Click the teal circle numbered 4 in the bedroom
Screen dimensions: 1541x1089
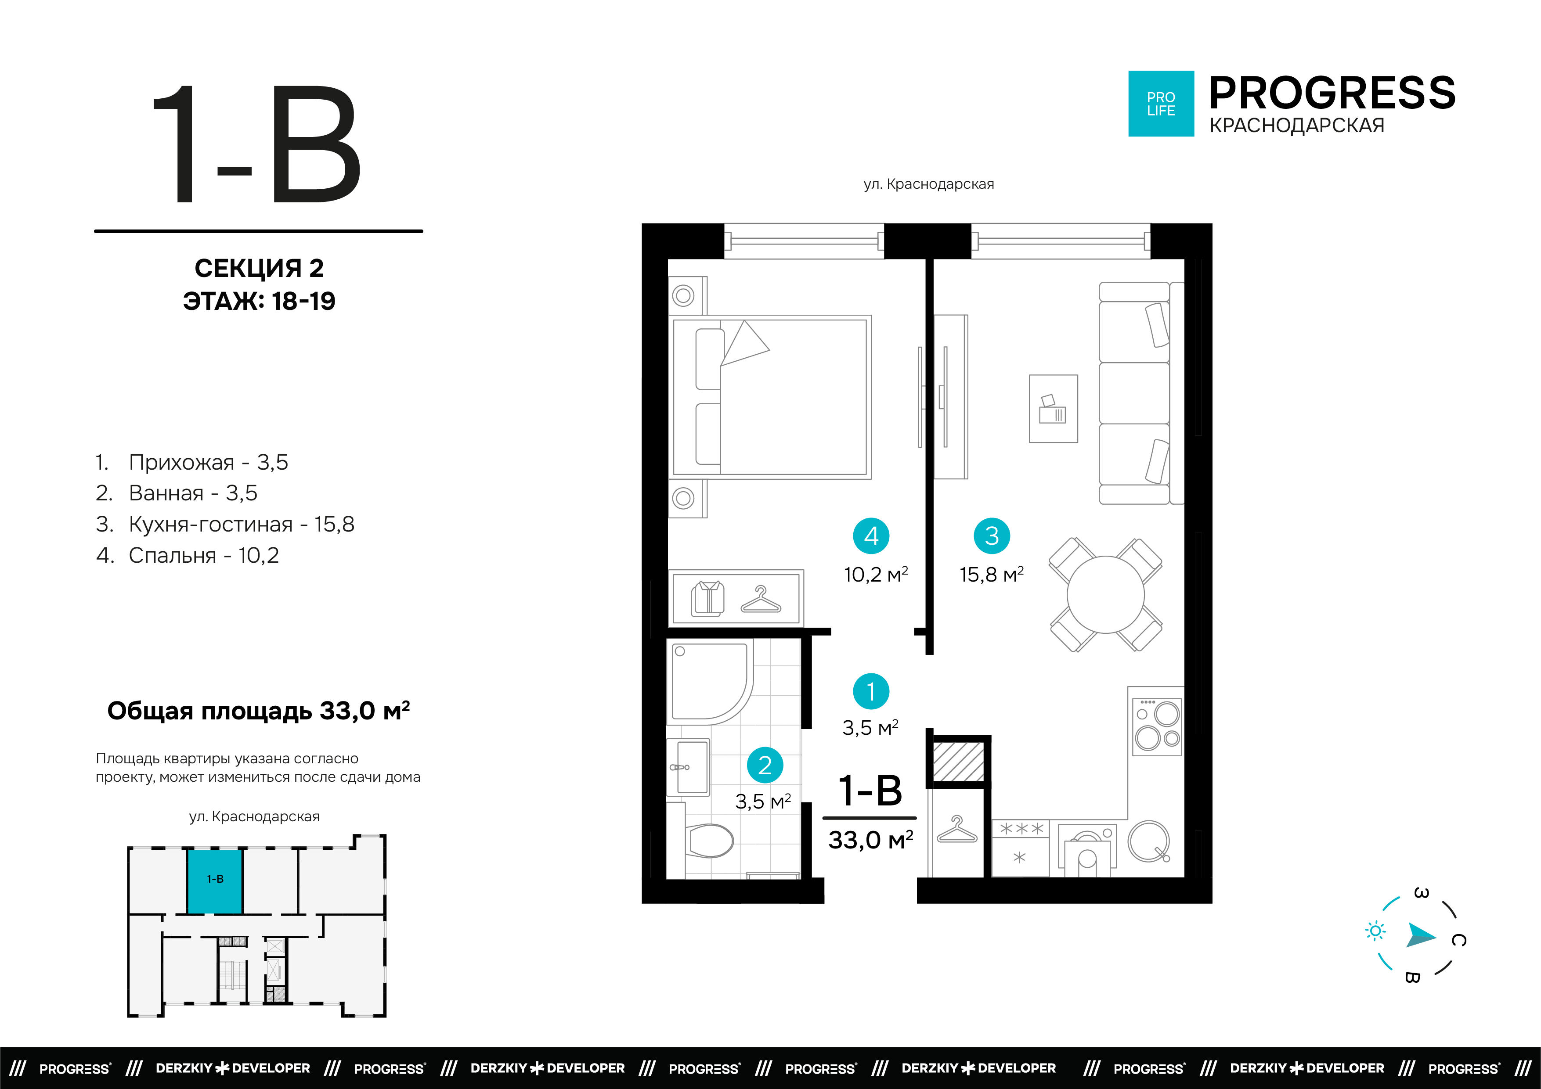[x=871, y=536]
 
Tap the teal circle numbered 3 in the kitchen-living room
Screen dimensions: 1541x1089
[x=992, y=536]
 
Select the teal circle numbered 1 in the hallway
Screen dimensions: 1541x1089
[x=871, y=691]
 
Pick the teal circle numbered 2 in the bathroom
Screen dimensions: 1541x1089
[x=765, y=765]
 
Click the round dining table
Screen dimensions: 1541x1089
[x=1105, y=594]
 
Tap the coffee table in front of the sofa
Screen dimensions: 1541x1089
[x=1053, y=409]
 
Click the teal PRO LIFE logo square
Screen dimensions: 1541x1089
[x=1161, y=104]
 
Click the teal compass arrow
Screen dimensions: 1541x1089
[x=1421, y=935]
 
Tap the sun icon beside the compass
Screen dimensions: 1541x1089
[x=1375, y=931]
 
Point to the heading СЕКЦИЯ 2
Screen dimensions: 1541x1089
[x=259, y=268]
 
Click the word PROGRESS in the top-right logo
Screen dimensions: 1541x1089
[x=1332, y=93]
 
